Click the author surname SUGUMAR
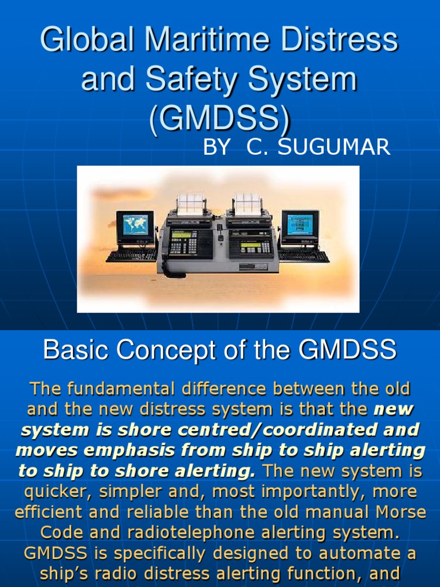click(x=335, y=147)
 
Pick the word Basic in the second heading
click(x=72, y=349)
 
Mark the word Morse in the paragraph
click(x=395, y=512)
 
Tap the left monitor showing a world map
click(x=135, y=226)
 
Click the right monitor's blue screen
click(x=300, y=224)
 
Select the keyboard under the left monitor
click(x=131, y=256)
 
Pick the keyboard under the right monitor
click(x=304, y=256)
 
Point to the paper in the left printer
click(x=191, y=203)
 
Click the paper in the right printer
click(x=248, y=203)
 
